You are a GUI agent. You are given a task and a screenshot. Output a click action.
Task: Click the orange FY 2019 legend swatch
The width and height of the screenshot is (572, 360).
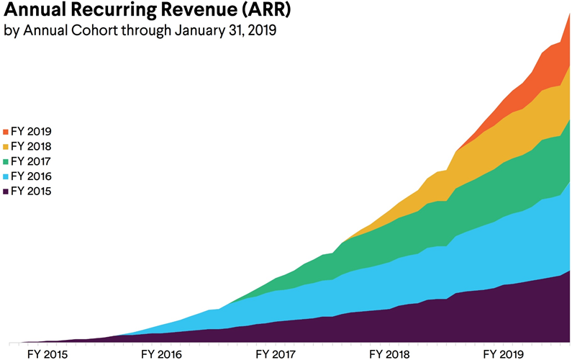(x=6, y=132)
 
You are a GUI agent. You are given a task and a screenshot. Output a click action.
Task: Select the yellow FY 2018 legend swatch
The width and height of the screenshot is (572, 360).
(x=6, y=147)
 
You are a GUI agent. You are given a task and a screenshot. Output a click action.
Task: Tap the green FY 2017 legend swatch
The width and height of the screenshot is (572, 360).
(x=6, y=161)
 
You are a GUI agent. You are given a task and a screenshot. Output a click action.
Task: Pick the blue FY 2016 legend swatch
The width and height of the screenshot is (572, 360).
(x=6, y=176)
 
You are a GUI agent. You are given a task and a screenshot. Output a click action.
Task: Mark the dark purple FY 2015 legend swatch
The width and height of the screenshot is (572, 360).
(x=6, y=192)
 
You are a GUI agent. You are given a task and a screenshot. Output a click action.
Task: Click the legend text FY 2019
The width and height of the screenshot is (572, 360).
(x=32, y=132)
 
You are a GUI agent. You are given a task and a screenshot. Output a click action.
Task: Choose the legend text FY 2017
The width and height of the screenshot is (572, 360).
(x=32, y=161)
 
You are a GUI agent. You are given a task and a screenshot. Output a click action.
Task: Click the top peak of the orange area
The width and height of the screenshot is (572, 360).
(x=569, y=14)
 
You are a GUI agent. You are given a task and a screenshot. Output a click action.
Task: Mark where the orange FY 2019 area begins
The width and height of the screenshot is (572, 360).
(x=458, y=150)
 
